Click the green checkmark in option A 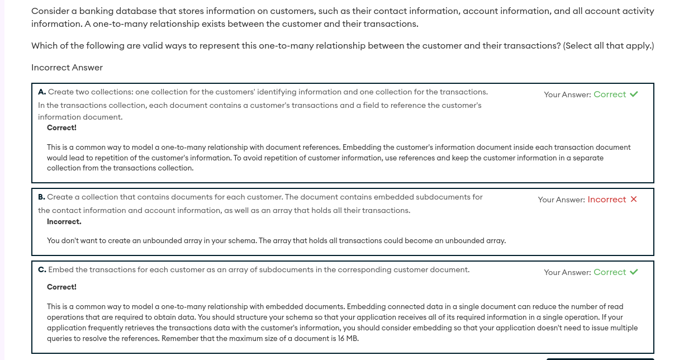coord(634,94)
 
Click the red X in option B coord(634,200)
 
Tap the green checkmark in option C coord(634,272)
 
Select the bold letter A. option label coord(42,92)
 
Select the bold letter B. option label coord(42,197)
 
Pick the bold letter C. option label coord(42,269)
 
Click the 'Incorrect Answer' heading coord(67,68)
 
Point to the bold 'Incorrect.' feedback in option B coord(64,221)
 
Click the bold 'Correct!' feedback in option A coord(61,127)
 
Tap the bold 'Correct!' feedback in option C coord(61,287)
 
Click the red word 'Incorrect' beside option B coord(606,200)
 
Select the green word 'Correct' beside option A coord(609,94)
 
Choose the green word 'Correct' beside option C coord(609,272)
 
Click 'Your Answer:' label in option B coord(561,200)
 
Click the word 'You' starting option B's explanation coord(54,241)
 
